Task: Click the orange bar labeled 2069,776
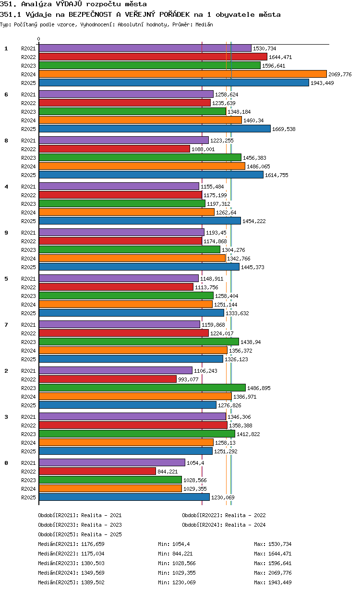(182, 74)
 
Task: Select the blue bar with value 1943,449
(174, 83)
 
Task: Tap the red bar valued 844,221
(97, 472)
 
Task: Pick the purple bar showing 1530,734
(145, 48)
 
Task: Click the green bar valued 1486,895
(142, 388)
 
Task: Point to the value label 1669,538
(284, 129)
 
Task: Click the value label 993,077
(188, 379)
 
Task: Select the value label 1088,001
(203, 149)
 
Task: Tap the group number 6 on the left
(6, 95)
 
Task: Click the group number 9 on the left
(6, 233)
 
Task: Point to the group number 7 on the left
(6, 325)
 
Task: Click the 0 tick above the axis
(38, 39)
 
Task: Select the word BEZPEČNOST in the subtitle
(90, 14)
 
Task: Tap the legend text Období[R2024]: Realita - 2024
(224, 525)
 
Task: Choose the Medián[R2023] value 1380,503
(93, 563)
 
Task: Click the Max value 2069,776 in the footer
(280, 573)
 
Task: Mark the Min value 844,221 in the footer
(182, 554)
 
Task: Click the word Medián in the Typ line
(204, 24)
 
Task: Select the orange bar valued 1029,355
(110, 489)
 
